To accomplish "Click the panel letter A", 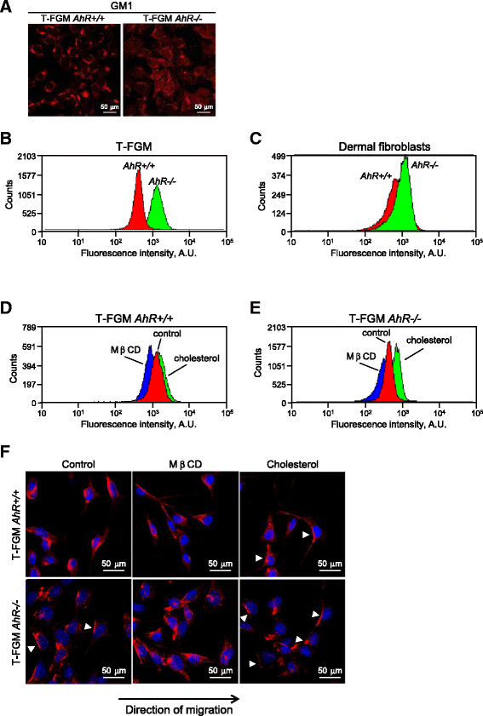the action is click(x=6, y=8).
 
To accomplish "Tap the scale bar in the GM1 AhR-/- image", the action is click(x=204, y=112).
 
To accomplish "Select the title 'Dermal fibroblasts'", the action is click(x=384, y=146).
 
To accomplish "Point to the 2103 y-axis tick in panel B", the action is click(x=27, y=157).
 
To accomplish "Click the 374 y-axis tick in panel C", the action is click(x=279, y=175).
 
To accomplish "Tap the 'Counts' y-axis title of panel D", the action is click(x=14, y=368).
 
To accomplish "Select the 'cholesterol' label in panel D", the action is click(x=197, y=358).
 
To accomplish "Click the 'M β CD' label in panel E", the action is click(x=361, y=356).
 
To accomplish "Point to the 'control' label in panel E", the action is click(x=376, y=333).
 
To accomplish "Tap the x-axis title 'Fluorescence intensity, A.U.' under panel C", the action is click(x=388, y=253).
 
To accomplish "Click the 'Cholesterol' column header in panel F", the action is click(x=292, y=464).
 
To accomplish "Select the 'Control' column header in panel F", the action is click(x=78, y=464).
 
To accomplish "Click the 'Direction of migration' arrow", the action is click(x=179, y=699).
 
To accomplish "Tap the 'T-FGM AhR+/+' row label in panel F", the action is click(x=16, y=525).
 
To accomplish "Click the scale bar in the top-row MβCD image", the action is click(x=221, y=570).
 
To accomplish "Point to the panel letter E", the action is click(x=256, y=308).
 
